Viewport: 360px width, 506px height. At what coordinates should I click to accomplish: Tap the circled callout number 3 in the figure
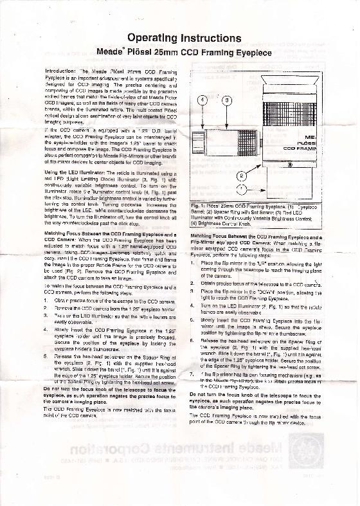[226, 100]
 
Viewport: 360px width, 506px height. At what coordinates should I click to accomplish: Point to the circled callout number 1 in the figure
[241, 189]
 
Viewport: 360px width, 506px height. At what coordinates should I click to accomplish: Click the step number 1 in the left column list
[47, 300]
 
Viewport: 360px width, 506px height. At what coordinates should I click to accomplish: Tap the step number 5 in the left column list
[47, 356]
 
